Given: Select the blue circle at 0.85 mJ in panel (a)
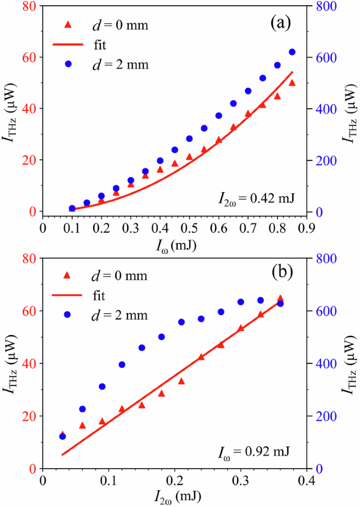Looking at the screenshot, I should tap(292, 52).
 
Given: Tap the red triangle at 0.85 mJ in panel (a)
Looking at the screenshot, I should tap(292, 82).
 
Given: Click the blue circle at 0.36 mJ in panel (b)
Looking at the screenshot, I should tap(295, 304).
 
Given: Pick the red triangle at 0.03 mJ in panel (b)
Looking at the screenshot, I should tap(63, 434).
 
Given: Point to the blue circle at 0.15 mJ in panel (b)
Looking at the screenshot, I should tap(142, 348).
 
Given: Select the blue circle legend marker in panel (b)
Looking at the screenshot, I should tap(67, 314).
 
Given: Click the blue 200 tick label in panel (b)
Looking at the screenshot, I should tap(330, 416).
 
